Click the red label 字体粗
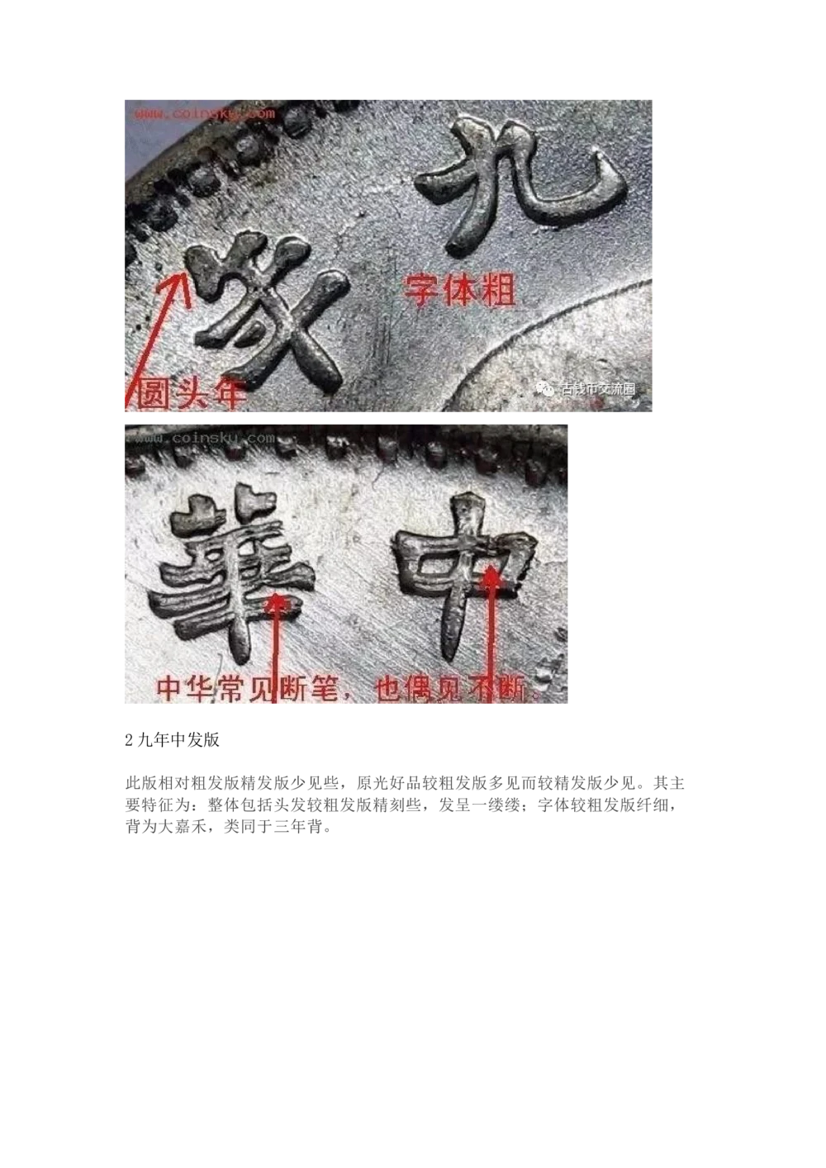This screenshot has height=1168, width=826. pos(460,291)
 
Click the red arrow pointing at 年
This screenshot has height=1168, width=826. pos(156,339)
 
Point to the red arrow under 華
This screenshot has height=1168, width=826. pos(278,644)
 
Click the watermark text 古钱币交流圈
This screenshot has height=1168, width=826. pos(598,389)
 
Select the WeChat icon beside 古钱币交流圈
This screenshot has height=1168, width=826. pos(547,389)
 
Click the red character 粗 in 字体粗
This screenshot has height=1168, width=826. pos(498,291)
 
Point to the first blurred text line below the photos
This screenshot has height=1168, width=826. pos(405,792)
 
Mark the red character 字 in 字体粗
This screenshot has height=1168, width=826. pos(421,291)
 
